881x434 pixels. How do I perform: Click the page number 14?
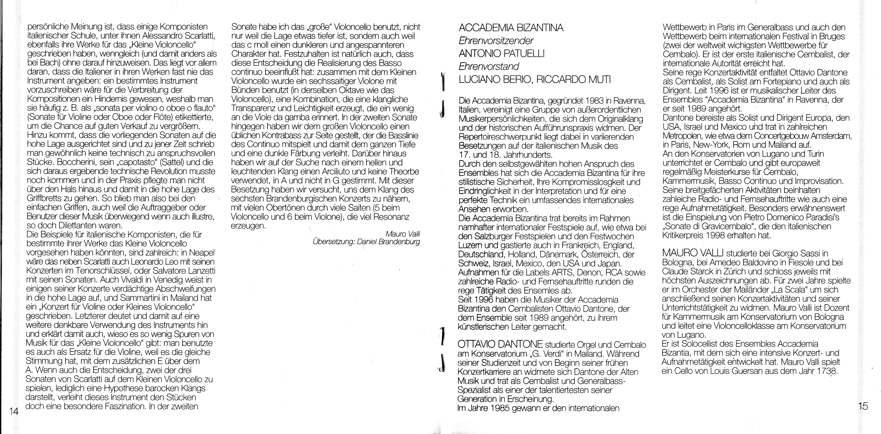[14, 411]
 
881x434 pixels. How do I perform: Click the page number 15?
[863, 406]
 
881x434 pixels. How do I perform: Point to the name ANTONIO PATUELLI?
[501, 54]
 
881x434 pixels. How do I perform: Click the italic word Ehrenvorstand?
[489, 66]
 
